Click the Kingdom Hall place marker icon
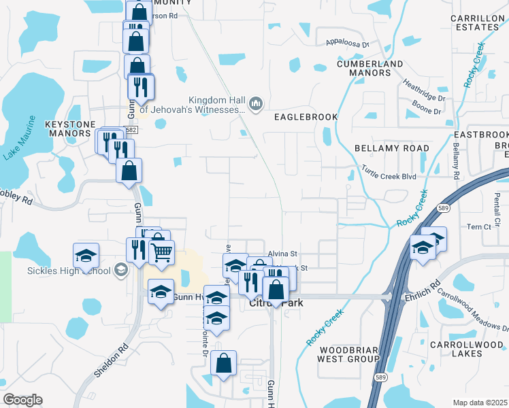tap(257, 103)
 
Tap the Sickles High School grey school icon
tap(120, 271)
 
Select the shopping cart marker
tap(161, 253)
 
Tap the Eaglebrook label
tap(306, 117)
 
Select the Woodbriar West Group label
tap(349, 354)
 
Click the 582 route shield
tap(131, 130)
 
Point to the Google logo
tap(22, 400)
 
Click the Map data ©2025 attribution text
tap(480, 403)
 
